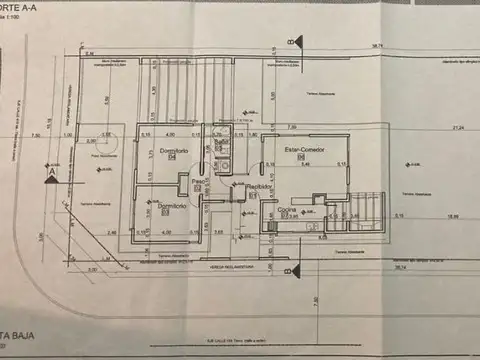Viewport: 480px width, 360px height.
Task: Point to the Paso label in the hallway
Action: tap(199, 181)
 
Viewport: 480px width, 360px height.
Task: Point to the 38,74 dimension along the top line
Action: tap(378, 46)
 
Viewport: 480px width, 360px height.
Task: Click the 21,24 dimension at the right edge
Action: tap(458, 128)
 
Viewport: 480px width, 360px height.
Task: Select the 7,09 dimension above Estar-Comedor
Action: tap(291, 128)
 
